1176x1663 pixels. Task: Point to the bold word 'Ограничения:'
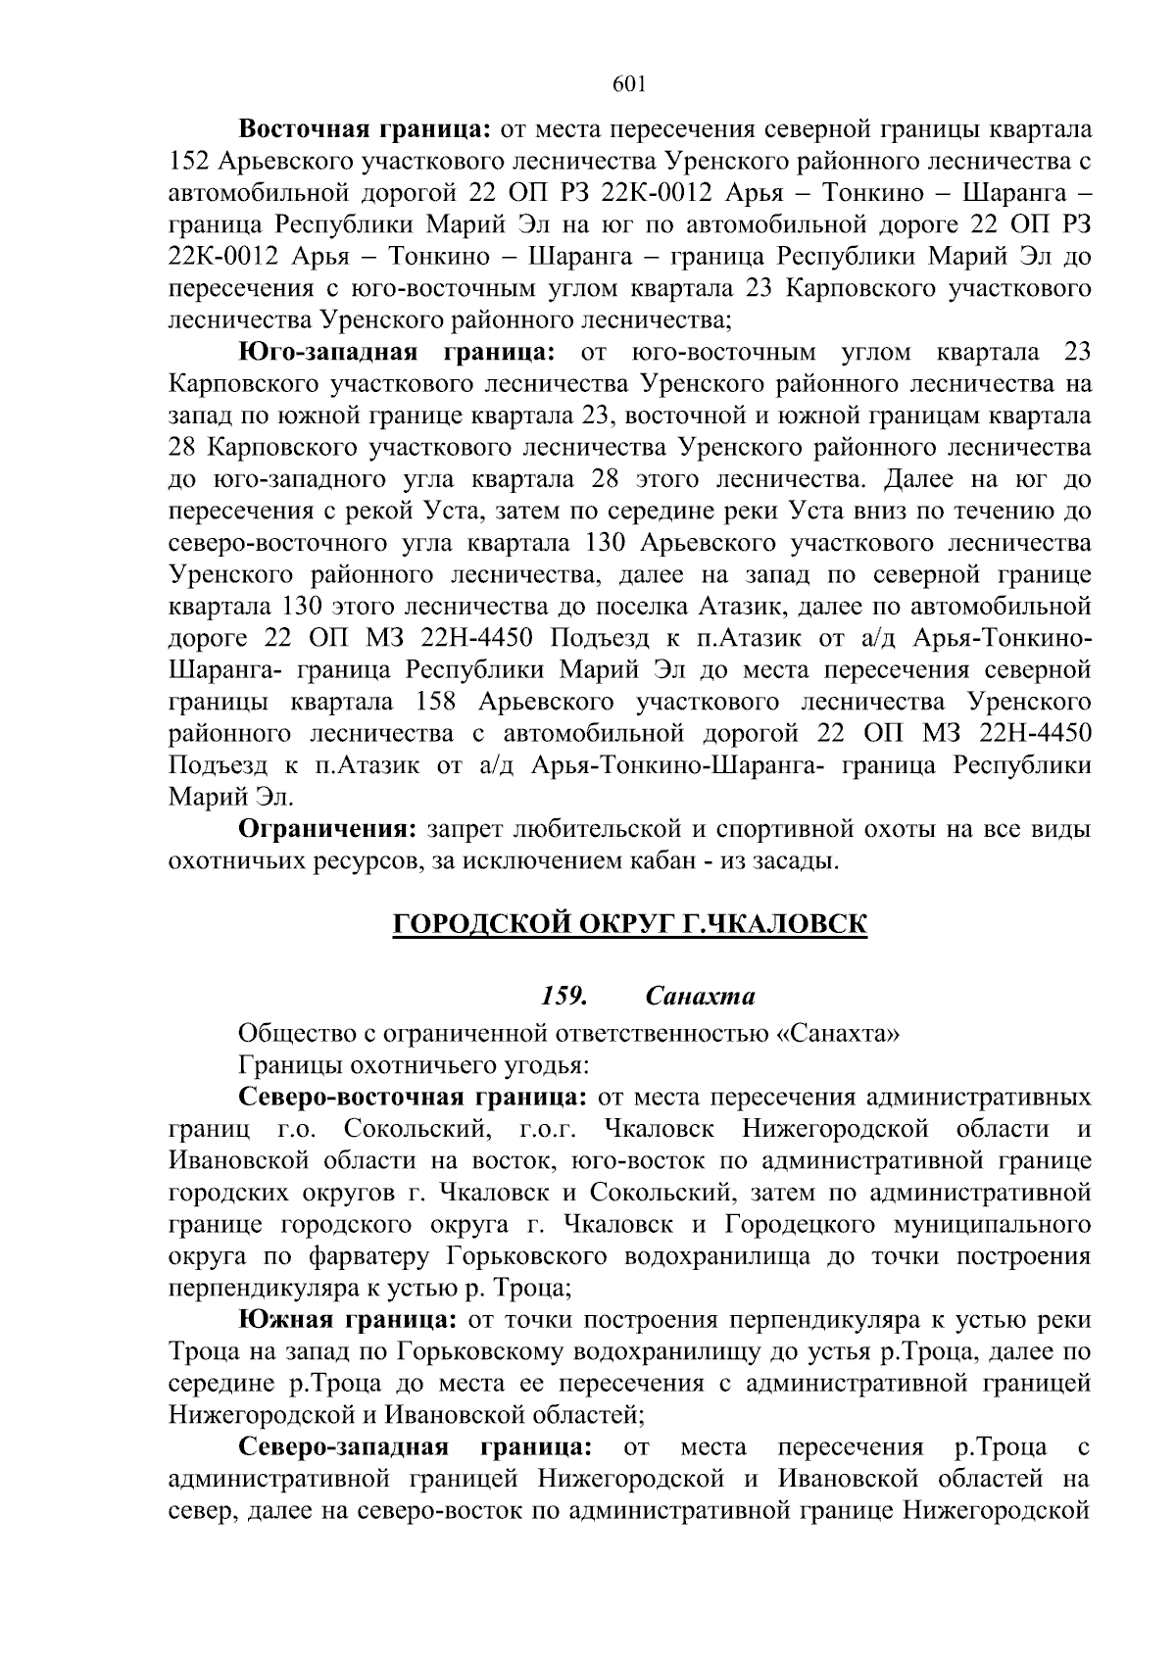[x=329, y=830]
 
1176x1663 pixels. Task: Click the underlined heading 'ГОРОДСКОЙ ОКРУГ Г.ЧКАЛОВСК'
[x=629, y=924]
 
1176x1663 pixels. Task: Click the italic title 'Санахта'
[x=701, y=997]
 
